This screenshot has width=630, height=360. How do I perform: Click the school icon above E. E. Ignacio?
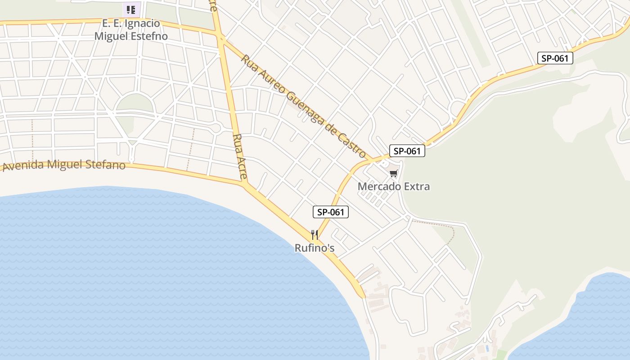click(131, 9)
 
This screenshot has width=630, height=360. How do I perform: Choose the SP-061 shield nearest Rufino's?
click(331, 212)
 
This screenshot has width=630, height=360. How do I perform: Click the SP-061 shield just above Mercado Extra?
click(407, 151)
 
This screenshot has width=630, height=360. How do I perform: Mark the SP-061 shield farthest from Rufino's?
click(555, 58)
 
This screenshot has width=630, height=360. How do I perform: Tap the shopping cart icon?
click(394, 173)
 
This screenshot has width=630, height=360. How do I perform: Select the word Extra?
click(416, 186)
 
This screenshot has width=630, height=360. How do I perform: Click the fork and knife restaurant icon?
click(315, 234)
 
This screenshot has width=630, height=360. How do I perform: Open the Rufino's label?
click(315, 248)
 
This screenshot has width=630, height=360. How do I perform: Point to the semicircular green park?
click(135, 104)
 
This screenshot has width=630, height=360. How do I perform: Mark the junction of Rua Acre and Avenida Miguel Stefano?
click(244, 184)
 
